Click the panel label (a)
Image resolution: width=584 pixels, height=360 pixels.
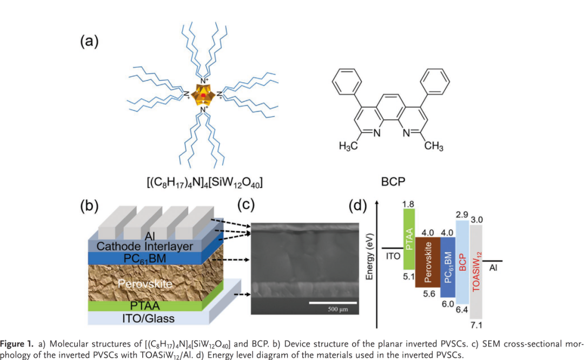pos(89,41)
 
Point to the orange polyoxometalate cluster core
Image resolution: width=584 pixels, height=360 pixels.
pos(203,95)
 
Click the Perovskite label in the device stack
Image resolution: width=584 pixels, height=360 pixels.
pos(146,283)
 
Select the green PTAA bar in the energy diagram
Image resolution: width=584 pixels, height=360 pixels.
pos(409,239)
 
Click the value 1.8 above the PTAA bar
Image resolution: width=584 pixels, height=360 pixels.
pos(408,204)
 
